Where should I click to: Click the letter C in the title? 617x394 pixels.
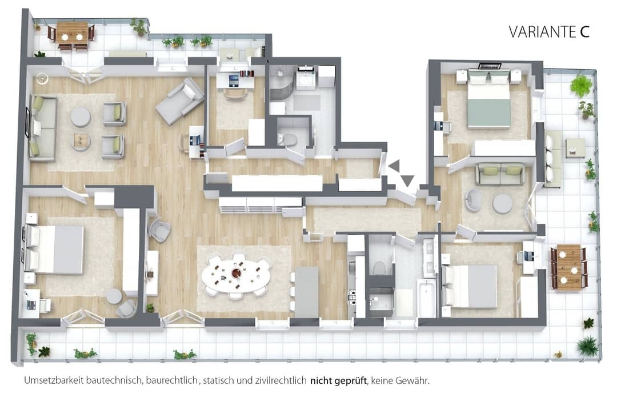[585, 32]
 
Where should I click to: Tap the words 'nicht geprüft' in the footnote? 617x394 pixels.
[338, 381]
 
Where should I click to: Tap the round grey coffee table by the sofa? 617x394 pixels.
[81, 117]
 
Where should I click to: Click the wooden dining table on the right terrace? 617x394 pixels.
[568, 267]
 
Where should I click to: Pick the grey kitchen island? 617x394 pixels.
[307, 292]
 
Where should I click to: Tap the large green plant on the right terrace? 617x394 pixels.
[581, 85]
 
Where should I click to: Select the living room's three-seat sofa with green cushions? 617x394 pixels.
[42, 128]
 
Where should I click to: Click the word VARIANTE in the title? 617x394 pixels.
[543, 32]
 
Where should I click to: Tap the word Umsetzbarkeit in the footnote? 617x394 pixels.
[54, 381]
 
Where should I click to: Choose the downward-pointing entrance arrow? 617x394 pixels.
[407, 180]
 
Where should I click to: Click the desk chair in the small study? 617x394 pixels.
[235, 93]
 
